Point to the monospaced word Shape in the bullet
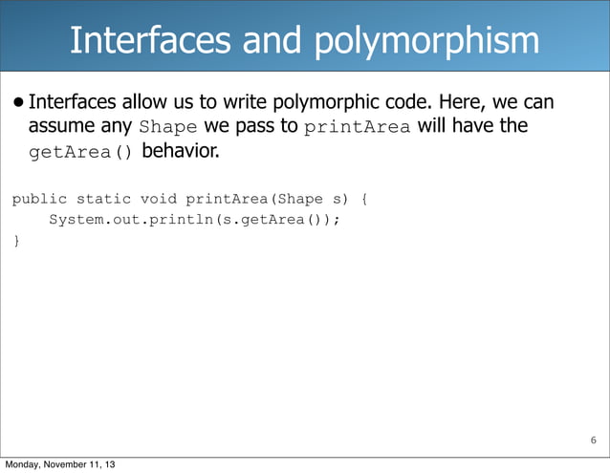pyautogui.click(x=168, y=127)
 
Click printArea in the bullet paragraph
pyautogui.click(x=357, y=127)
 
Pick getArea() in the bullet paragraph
pyautogui.click(x=82, y=152)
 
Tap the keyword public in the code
pyautogui.click(x=39, y=200)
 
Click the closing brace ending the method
pyautogui.click(x=14, y=240)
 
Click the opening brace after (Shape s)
pyautogui.click(x=362, y=200)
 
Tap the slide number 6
pyautogui.click(x=593, y=441)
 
